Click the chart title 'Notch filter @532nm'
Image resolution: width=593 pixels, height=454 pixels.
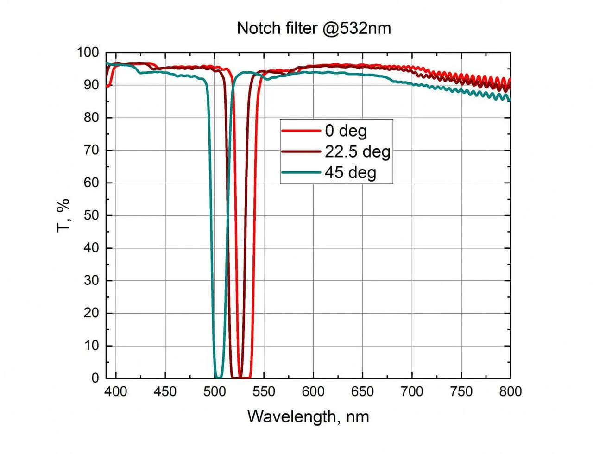pyautogui.click(x=314, y=28)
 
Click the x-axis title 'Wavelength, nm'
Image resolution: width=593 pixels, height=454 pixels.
pyautogui.click(x=308, y=416)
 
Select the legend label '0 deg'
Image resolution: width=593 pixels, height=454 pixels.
pyautogui.click(x=346, y=131)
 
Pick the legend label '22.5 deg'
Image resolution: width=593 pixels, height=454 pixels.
pyautogui.click(x=357, y=151)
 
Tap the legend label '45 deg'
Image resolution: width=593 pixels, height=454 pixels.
pyautogui.click(x=350, y=172)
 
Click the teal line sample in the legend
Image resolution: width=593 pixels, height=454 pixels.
pyautogui.click(x=301, y=172)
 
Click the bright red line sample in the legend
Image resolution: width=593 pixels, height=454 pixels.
pyautogui.click(x=301, y=131)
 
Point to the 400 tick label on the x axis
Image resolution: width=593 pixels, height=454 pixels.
pyautogui.click(x=115, y=392)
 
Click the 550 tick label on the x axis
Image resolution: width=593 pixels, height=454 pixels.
pyautogui.click(x=264, y=392)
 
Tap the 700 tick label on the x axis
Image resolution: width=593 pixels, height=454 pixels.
pyautogui.click(x=411, y=392)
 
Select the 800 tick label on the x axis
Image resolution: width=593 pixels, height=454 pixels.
pyautogui.click(x=510, y=392)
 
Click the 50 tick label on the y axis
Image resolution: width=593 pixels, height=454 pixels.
pyautogui.click(x=91, y=215)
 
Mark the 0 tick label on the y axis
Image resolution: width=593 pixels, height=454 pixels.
pyautogui.click(x=95, y=378)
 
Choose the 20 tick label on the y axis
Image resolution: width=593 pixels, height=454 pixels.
pyautogui.click(x=91, y=313)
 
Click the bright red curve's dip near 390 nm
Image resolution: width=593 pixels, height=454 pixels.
pyautogui.click(x=108, y=86)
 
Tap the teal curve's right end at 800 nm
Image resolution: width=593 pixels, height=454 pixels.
pyautogui.click(x=510, y=100)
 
